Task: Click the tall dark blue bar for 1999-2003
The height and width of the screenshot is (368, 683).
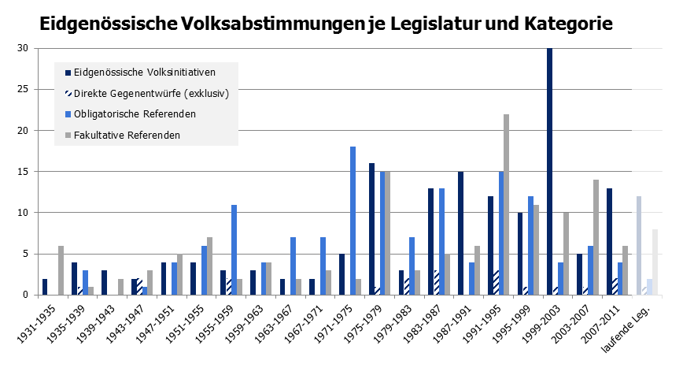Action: pyautogui.click(x=549, y=171)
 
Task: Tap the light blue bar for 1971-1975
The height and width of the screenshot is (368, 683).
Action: pyautogui.click(x=353, y=221)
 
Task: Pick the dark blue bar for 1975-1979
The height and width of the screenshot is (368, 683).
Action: pyautogui.click(x=371, y=229)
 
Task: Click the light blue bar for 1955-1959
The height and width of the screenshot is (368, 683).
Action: pyautogui.click(x=234, y=250)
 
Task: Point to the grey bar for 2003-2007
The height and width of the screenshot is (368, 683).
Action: pyautogui.click(x=596, y=237)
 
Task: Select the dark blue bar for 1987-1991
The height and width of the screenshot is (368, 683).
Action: pyautogui.click(x=460, y=233)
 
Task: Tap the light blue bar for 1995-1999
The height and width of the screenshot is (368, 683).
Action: pyautogui.click(x=531, y=245)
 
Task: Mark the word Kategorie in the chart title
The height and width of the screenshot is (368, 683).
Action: pyautogui.click(x=563, y=24)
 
